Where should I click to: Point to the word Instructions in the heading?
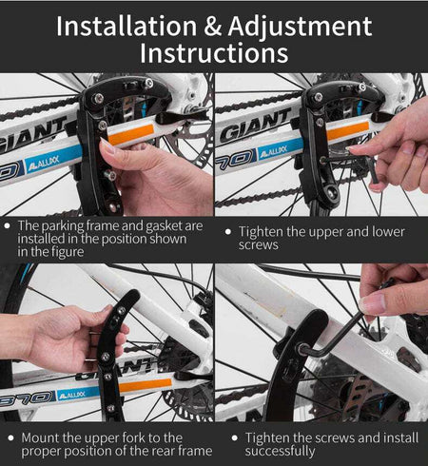pos(214,53)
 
